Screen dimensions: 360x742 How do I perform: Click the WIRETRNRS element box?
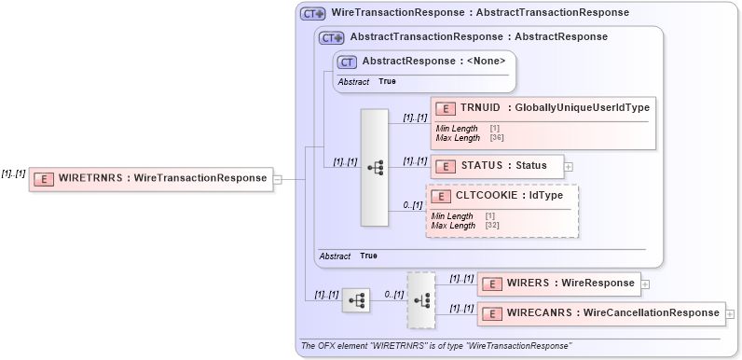coord(150,178)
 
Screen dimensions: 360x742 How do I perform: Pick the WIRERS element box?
coord(557,283)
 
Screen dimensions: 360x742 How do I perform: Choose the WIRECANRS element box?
coord(600,314)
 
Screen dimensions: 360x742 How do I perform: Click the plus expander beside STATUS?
coord(569,167)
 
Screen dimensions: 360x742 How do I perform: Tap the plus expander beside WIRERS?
coord(644,283)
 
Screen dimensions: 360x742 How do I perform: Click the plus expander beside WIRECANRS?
coord(730,314)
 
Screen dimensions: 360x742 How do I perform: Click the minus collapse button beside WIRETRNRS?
coord(277,178)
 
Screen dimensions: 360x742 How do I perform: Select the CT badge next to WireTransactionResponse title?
coord(312,14)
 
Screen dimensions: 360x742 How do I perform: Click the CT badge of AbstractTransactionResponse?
coord(331,37)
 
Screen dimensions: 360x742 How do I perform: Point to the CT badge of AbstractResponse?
coord(347,62)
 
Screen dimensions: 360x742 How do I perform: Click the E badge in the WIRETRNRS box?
coord(43,178)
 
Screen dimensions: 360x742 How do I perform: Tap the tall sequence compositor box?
coord(375,168)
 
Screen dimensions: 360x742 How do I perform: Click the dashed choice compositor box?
coord(421,299)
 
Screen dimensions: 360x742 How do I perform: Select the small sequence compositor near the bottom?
coord(356,299)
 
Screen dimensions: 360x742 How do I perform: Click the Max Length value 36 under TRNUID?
coord(497,138)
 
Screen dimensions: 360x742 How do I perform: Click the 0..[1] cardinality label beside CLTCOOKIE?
coord(411,204)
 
